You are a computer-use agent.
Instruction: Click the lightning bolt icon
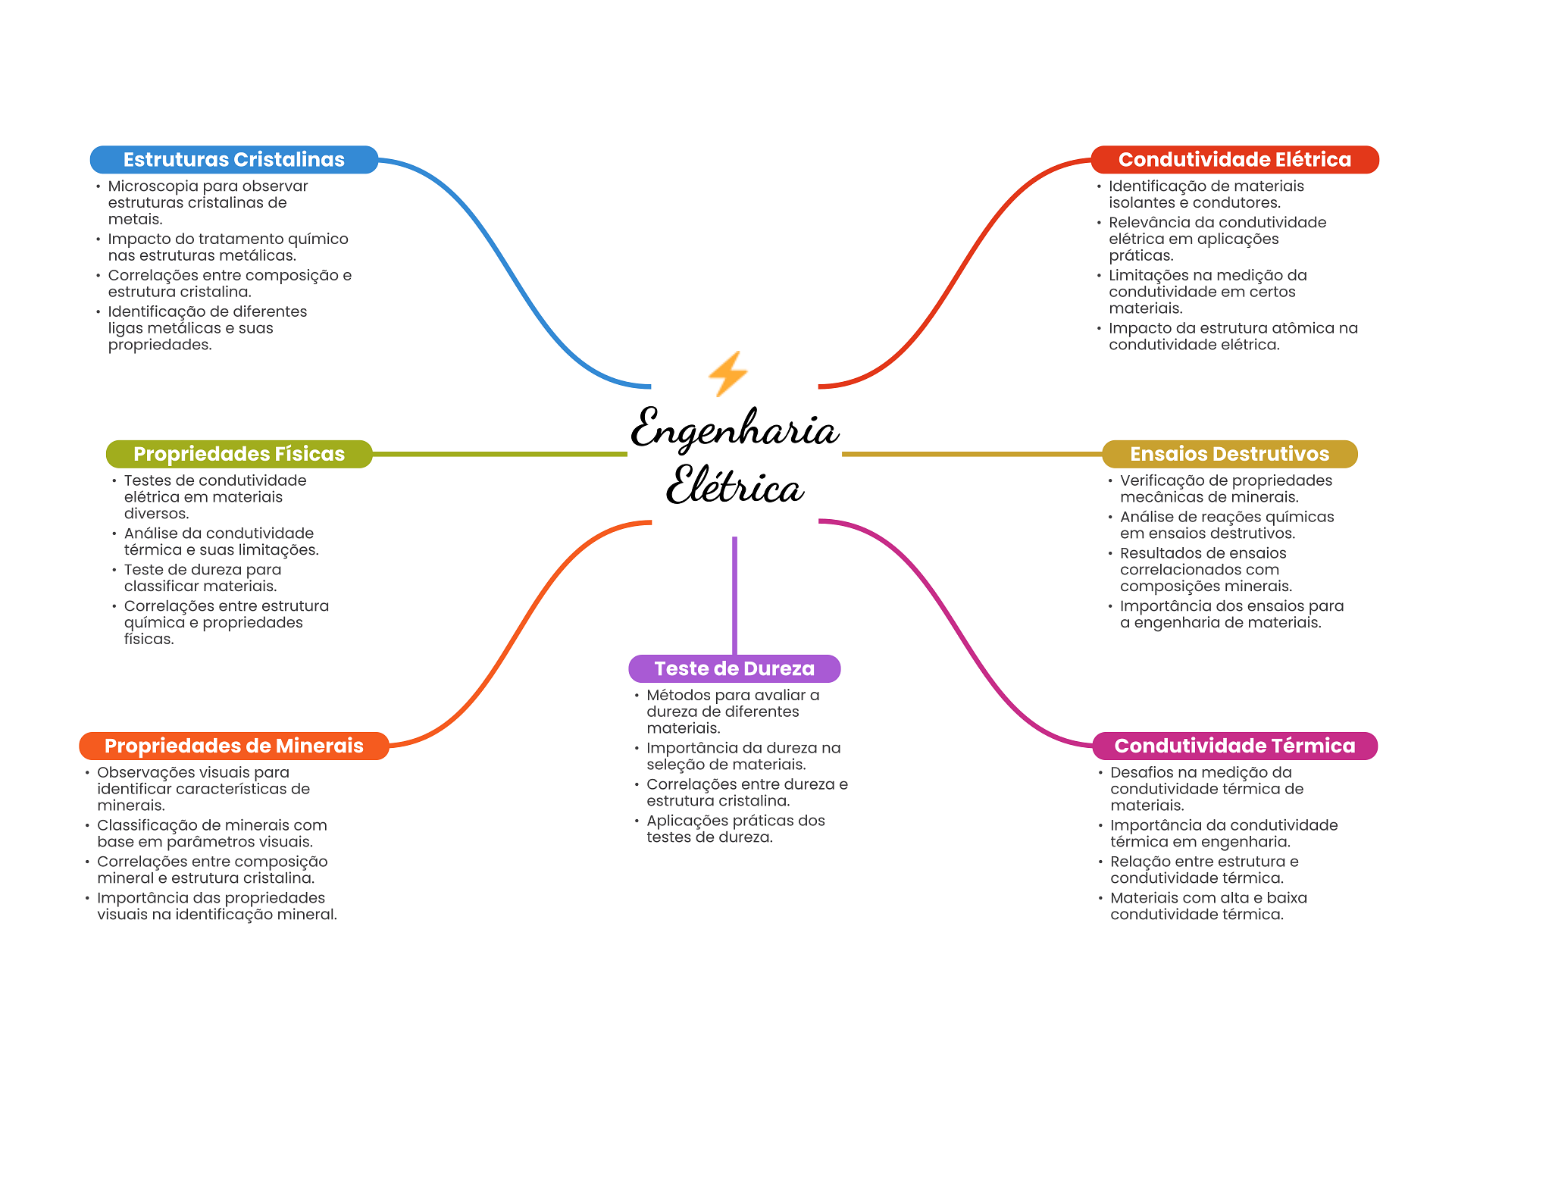pyautogui.click(x=727, y=373)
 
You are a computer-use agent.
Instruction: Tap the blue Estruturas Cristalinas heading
pyautogui.click(x=233, y=160)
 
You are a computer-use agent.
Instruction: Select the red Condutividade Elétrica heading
pyautogui.click(x=1234, y=160)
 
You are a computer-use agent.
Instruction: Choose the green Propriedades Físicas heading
pyautogui.click(x=239, y=454)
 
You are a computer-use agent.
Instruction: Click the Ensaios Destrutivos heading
pyautogui.click(x=1229, y=454)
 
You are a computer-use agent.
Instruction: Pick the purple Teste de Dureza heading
pyautogui.click(x=734, y=668)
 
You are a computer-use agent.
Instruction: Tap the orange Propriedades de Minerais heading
pyautogui.click(x=233, y=746)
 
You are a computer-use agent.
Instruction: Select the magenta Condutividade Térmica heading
pyautogui.click(x=1234, y=746)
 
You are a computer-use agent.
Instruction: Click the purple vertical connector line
pyautogui.click(x=734, y=595)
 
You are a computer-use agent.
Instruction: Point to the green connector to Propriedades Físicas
pyautogui.click(x=500, y=454)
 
